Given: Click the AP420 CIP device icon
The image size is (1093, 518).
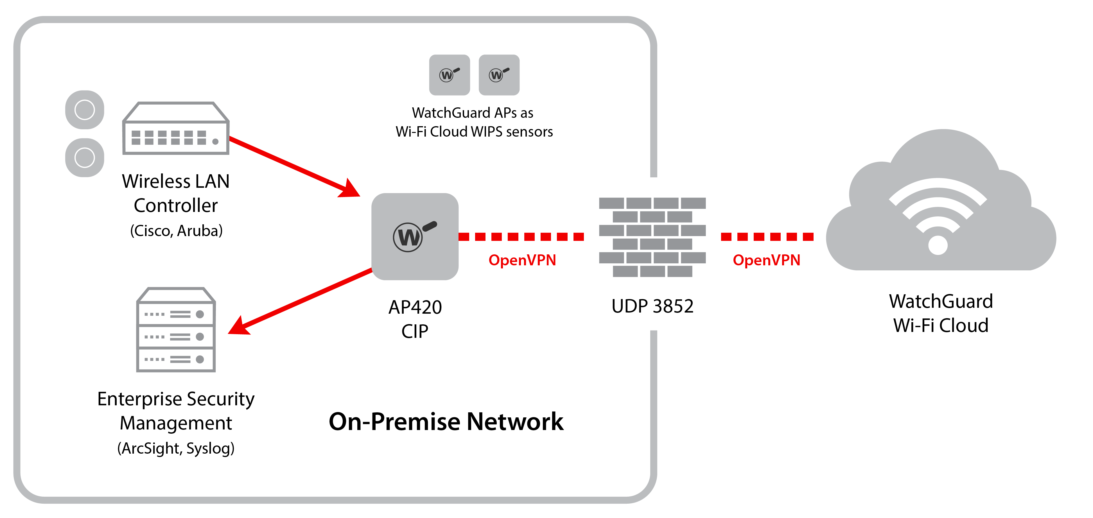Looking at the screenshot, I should coord(415,236).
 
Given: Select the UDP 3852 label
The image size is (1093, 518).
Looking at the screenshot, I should coord(652,306).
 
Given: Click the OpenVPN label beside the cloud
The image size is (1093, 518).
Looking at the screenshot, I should coord(766,260).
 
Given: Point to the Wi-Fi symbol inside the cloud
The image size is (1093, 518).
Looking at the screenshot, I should coord(938,216).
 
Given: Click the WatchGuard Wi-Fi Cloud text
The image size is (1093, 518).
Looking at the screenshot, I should coord(941,313).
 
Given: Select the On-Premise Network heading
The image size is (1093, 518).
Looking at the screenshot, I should coord(446,421).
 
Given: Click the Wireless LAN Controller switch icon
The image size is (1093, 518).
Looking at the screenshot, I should coord(176,128).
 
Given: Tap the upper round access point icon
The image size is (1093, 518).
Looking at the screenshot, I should coord(84,109).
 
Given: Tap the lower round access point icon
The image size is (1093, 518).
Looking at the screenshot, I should coord(84,157).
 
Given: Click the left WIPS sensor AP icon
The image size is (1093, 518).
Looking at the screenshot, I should coord(449,75).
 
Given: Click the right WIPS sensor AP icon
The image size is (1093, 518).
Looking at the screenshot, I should coord(499,75).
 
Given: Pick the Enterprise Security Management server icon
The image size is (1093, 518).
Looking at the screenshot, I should coord(176,330).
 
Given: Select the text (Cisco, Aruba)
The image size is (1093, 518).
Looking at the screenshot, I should coord(176,230).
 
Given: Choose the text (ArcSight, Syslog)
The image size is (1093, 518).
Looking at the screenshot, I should coord(176,448).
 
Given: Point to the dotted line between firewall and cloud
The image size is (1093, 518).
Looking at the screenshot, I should coord(767,236).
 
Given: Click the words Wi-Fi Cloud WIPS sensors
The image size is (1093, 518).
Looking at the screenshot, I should coord(474,132).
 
